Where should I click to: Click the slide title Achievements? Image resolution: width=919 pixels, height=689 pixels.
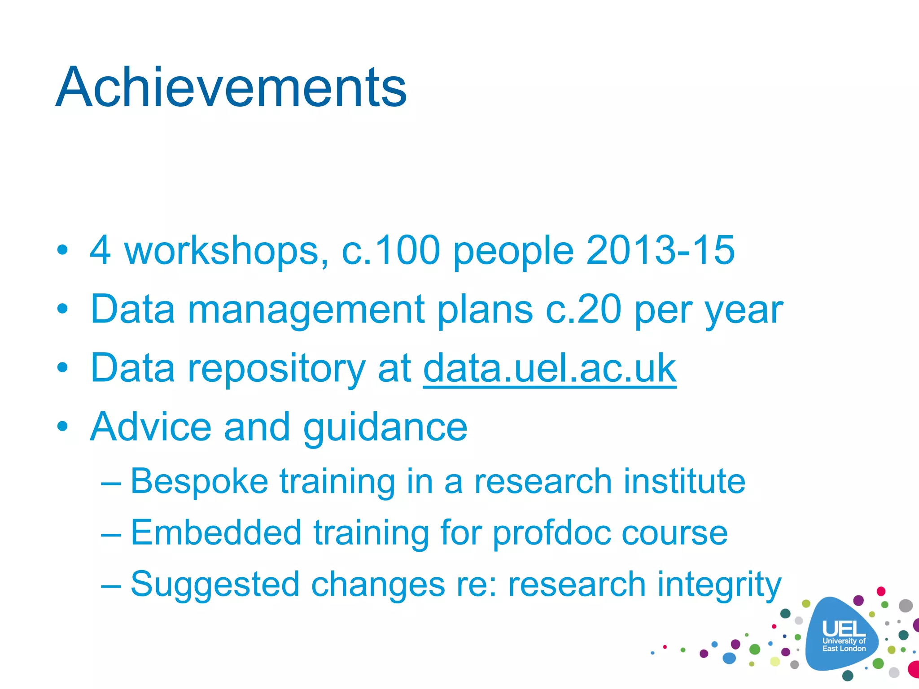231,87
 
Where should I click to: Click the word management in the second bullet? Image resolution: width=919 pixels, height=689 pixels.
306,310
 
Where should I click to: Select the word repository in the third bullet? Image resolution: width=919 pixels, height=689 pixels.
276,370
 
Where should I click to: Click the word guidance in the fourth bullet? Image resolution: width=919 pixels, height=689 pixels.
385,428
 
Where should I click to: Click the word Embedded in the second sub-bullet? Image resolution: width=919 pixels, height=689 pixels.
216,533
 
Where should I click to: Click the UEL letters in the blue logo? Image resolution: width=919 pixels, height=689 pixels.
844,629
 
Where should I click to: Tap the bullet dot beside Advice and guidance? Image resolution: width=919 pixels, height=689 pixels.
63,427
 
